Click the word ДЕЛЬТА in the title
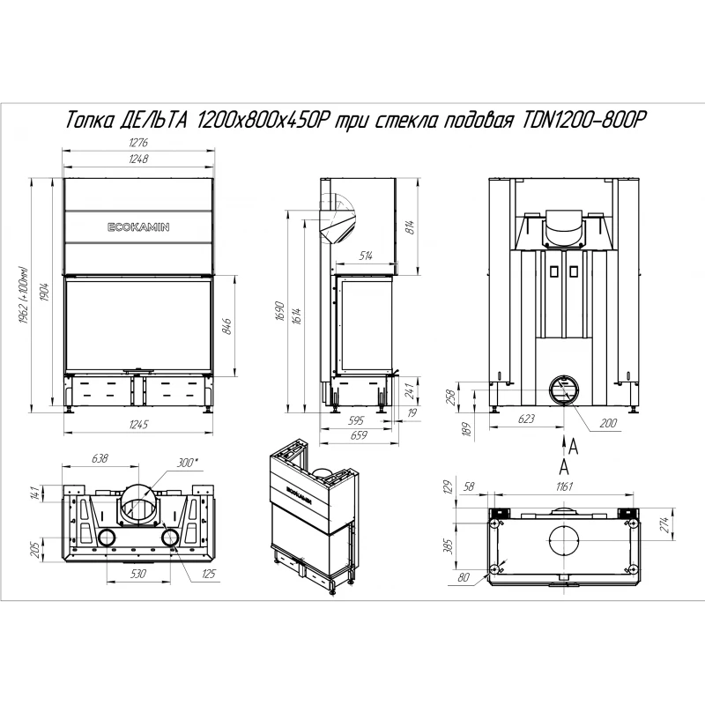[x=153, y=121]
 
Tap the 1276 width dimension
[x=138, y=143]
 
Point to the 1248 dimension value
[x=138, y=159]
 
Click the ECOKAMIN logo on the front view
[x=138, y=227]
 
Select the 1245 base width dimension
[x=138, y=425]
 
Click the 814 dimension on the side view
[x=409, y=227]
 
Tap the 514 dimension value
[x=366, y=256]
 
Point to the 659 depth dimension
[x=359, y=435]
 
